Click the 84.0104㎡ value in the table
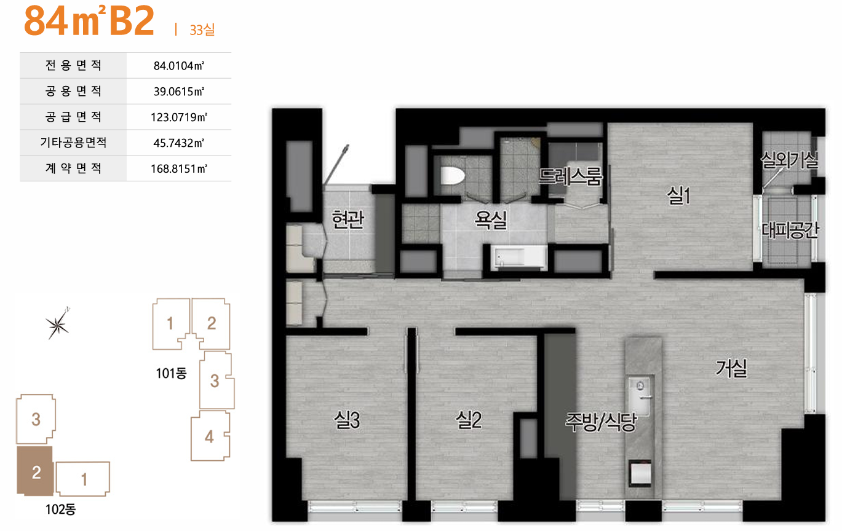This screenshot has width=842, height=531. tap(179, 66)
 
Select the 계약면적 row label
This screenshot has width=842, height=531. tap(73, 168)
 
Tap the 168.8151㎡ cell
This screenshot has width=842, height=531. tap(179, 168)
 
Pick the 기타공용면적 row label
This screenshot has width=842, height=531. tap(73, 143)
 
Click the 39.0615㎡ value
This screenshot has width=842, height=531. tap(179, 91)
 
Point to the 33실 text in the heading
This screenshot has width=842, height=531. tap(202, 29)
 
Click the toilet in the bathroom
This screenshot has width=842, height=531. tap(452, 176)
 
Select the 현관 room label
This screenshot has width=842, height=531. tap(348, 219)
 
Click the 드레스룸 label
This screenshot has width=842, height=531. tap(570, 176)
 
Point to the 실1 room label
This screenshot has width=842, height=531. tap(678, 195)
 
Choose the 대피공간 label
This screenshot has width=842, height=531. tap(790, 230)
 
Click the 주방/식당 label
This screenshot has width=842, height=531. tap(601, 422)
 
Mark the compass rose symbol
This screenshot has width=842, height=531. tap(57, 324)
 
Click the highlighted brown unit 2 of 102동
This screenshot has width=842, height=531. tap(35, 471)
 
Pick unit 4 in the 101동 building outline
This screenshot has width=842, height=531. tap(210, 436)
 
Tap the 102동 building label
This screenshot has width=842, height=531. tap(60, 509)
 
